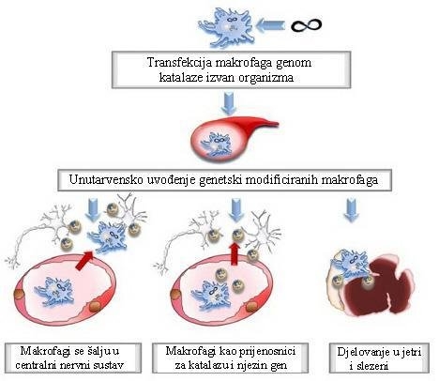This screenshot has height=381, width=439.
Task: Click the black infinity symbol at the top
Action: pyautogui.click(x=306, y=25)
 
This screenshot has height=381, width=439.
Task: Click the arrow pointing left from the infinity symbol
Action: pyautogui.click(x=270, y=25)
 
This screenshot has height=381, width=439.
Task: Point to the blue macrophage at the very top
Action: pyautogui.click(x=227, y=26)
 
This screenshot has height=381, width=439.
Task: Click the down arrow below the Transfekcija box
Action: pyautogui.click(x=229, y=103)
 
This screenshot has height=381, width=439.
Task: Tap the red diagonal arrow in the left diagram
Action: pyautogui.click(x=85, y=260)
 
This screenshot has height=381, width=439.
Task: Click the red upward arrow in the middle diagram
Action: pyautogui.click(x=235, y=253)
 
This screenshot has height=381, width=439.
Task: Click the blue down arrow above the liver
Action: pyautogui.click(x=352, y=210)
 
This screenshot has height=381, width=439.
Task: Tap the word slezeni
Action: pyautogui.click(x=371, y=366)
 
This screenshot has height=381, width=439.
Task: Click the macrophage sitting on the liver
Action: pyautogui.click(x=353, y=263)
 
